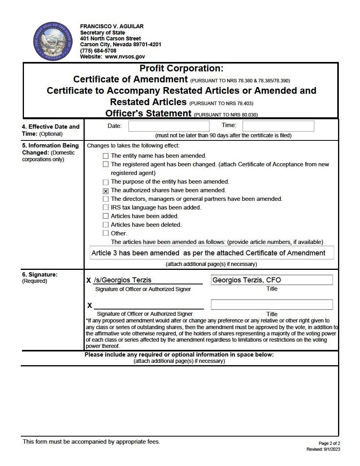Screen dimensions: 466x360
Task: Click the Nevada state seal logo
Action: click(x=53, y=42)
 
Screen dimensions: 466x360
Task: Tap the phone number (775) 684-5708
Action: click(x=98, y=51)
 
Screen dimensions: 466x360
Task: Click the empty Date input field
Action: click(x=169, y=126)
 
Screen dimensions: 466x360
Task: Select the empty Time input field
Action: click(x=278, y=126)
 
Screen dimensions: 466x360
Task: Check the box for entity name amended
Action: click(x=105, y=156)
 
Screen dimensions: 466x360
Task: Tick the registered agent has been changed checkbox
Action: click(x=105, y=164)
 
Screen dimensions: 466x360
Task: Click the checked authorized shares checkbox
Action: click(x=105, y=191)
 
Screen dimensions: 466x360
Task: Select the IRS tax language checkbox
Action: click(x=105, y=208)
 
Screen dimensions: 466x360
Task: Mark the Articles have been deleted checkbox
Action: click(x=105, y=225)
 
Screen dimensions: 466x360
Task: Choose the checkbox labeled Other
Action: click(x=105, y=233)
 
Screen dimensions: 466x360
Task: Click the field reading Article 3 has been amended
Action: click(x=212, y=253)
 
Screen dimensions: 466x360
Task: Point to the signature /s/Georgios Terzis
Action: click(x=123, y=280)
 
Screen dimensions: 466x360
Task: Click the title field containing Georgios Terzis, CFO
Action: click(x=271, y=280)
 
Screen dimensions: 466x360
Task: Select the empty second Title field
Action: click(x=271, y=305)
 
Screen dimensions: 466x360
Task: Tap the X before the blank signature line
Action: click(x=89, y=306)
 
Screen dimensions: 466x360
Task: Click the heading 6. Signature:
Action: click(x=40, y=275)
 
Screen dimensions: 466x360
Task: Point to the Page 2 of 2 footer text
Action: click(x=329, y=443)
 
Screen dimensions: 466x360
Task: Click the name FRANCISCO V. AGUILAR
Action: click(x=112, y=26)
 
